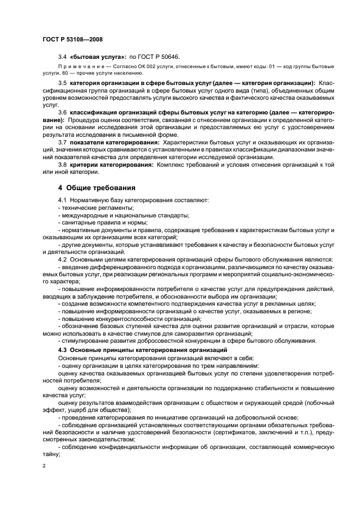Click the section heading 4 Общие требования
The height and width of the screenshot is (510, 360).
96,188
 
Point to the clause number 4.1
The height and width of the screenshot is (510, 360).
62,201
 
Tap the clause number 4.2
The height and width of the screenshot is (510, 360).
62,259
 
